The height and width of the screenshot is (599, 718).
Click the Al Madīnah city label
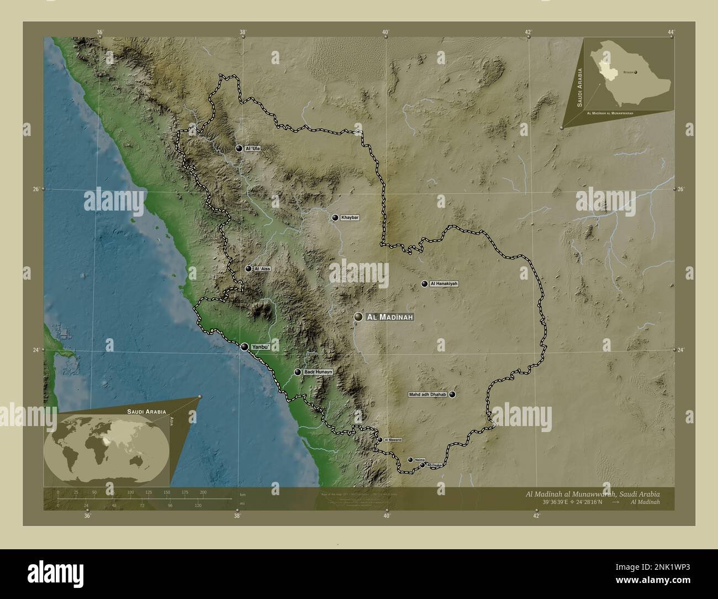click(389, 317)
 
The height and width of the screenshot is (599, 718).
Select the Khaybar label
click(350, 218)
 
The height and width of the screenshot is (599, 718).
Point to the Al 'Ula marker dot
click(239, 148)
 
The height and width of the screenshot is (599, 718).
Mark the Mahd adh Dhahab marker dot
click(452, 395)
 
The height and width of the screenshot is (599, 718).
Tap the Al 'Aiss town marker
click(249, 269)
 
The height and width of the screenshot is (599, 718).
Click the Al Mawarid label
click(393, 440)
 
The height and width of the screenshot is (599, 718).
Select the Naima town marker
click(410, 460)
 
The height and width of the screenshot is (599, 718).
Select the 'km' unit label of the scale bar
click(242, 495)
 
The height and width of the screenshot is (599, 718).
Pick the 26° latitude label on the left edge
click(35, 189)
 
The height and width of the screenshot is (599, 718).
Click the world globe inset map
click(108, 449)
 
